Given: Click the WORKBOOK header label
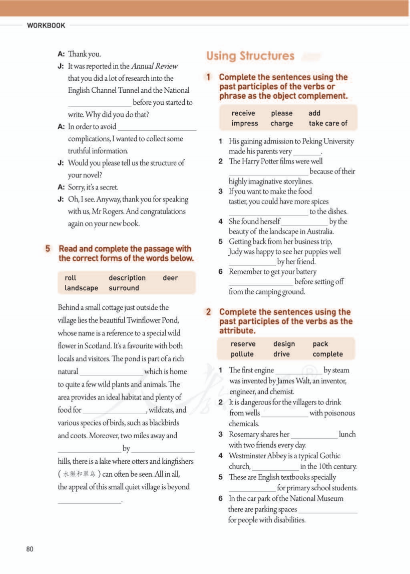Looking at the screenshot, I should (x=46, y=26).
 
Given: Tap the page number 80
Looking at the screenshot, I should (x=30, y=549).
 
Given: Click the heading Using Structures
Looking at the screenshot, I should (x=250, y=56).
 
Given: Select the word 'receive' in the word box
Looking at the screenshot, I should (x=243, y=113).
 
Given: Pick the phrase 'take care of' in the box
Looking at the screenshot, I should (x=328, y=123).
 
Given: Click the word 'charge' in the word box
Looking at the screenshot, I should (x=282, y=123).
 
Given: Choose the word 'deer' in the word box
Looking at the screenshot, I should (x=170, y=278).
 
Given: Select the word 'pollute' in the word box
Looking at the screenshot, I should (x=242, y=354).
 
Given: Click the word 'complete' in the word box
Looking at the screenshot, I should (x=328, y=354).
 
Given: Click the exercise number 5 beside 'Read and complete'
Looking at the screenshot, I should (x=48, y=249).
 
